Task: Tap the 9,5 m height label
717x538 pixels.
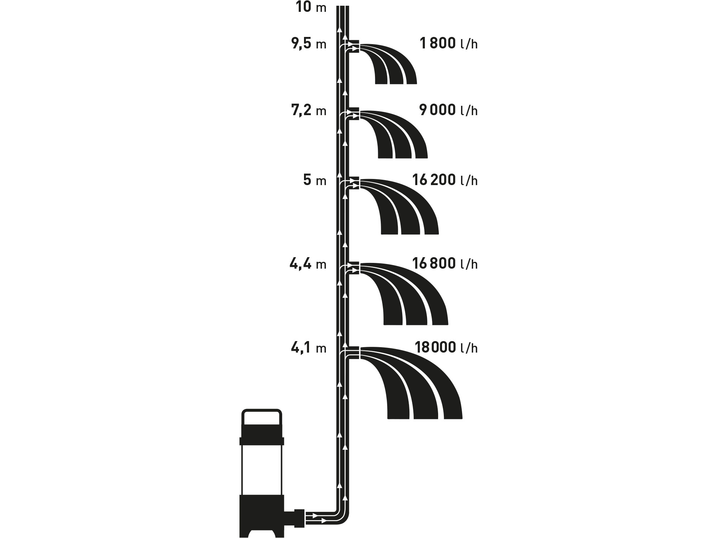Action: pos(309,44)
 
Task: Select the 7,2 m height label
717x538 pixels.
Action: pos(309,111)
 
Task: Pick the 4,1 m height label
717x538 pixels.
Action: pos(309,348)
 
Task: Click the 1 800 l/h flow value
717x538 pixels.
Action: pos(448,44)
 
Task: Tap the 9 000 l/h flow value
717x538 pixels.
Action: pos(448,110)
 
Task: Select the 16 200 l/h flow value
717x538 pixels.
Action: pos(445,180)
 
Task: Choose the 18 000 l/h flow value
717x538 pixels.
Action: pos(446,348)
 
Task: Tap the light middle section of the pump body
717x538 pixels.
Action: pos(262,470)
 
